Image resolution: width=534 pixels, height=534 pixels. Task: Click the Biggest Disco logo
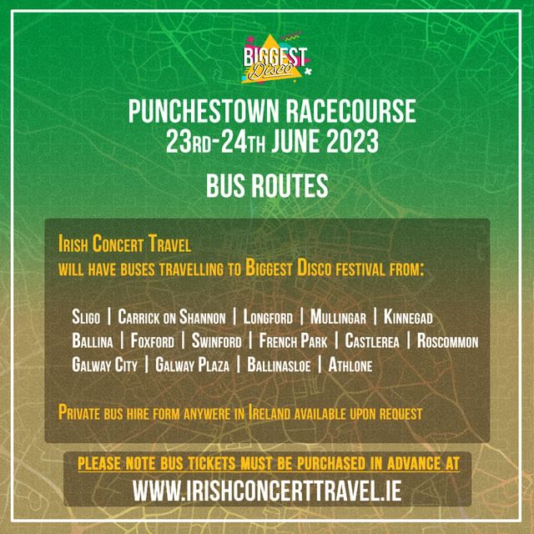tap(275, 58)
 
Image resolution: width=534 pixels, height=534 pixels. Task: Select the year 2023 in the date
tap(352, 141)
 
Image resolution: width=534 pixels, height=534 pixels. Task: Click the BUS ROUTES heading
tap(267, 185)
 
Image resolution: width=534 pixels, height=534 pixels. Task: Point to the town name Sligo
tap(86, 317)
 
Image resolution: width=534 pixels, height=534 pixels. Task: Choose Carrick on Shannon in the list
tap(172, 317)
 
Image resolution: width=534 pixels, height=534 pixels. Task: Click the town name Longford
tap(268, 317)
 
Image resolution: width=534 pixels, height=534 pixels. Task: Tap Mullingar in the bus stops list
tap(338, 317)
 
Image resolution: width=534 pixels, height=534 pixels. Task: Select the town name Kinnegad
tap(408, 317)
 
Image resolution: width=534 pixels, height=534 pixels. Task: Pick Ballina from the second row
tap(93, 341)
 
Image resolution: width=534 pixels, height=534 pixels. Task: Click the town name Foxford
tap(152, 341)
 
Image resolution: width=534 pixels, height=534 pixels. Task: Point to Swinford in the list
tap(217, 341)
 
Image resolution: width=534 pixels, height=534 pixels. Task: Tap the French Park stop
tap(293, 341)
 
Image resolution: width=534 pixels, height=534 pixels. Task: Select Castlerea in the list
tap(372, 341)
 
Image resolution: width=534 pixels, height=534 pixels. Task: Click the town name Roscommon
tap(447, 341)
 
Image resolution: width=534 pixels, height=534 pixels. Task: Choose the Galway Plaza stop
tap(193, 365)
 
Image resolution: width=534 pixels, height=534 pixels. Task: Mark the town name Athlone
tap(350, 365)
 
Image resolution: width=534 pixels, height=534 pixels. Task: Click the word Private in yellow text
tap(79, 413)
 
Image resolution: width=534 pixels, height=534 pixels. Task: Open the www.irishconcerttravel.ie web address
tap(267, 491)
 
